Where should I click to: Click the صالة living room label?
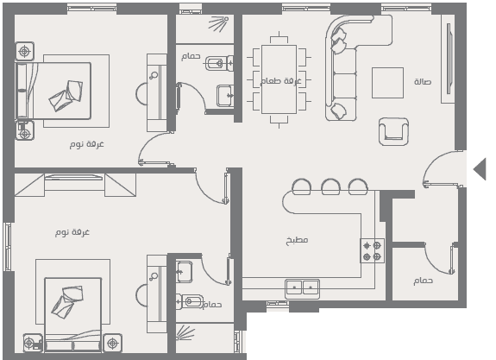click(423, 82)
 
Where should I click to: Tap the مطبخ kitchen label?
click(297, 240)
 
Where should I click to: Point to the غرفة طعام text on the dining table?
click(281, 81)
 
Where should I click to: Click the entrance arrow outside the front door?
click(480, 169)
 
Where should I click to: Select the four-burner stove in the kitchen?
click(372, 250)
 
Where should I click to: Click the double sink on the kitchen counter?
click(302, 288)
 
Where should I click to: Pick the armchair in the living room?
click(393, 131)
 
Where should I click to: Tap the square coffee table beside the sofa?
click(387, 83)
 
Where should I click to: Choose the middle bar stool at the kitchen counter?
click(331, 186)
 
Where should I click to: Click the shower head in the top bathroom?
click(219, 23)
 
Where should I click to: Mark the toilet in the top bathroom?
click(219, 63)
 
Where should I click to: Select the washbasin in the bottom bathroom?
click(184, 272)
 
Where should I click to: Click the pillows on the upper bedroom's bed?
click(66, 95)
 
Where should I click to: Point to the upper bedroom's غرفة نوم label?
click(86, 144)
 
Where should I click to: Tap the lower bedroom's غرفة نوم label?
click(72, 232)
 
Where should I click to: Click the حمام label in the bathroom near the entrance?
click(423, 281)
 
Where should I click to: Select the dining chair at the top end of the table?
click(279, 39)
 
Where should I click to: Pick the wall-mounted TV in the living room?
click(449, 59)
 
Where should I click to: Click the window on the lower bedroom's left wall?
click(7, 247)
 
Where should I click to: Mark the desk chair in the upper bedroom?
click(141, 94)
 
